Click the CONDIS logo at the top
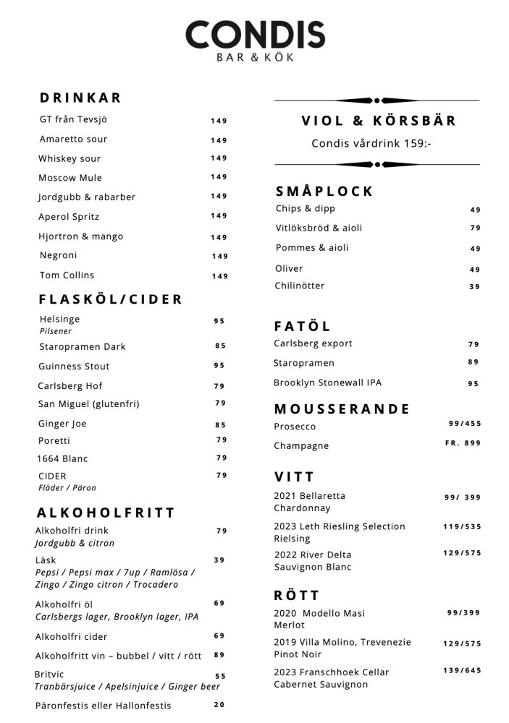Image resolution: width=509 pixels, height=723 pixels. click(255, 40)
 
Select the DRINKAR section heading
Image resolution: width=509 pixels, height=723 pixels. click(80, 98)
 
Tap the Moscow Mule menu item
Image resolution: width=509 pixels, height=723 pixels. click(70, 178)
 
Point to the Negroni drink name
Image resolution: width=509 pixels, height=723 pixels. click(58, 255)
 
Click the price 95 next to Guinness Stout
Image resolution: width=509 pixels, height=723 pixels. click(219, 366)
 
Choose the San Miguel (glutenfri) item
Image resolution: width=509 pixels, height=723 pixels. click(88, 403)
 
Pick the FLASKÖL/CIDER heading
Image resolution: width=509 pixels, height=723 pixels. click(111, 299)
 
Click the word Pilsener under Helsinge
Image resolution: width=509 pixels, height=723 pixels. click(56, 331)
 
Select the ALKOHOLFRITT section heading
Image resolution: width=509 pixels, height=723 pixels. click(106, 513)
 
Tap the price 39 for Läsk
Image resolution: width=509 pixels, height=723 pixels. click(219, 560)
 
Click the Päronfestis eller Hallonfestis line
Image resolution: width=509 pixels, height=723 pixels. click(103, 705)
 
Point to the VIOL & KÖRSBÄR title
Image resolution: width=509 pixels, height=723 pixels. click(379, 121)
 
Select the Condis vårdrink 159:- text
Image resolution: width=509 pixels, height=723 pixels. click(371, 143)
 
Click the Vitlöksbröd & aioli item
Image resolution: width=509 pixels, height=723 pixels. click(319, 228)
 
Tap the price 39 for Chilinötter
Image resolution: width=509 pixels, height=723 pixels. click(474, 287)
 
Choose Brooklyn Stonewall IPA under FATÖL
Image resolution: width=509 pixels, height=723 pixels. click(327, 382)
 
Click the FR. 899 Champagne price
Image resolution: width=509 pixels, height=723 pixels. click(463, 443)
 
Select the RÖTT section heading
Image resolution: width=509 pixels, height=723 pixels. click(296, 596)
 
